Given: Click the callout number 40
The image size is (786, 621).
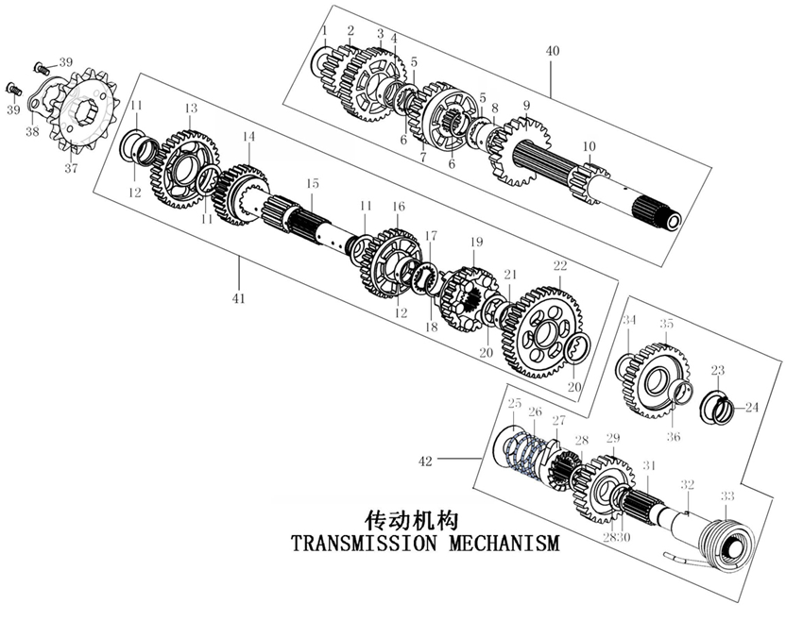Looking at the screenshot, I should [x=553, y=50].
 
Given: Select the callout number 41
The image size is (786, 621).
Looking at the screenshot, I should [x=239, y=298].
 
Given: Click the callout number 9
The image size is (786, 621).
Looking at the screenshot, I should [x=526, y=105].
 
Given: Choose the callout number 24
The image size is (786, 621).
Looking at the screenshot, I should [x=752, y=408].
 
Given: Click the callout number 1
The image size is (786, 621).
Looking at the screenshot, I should [x=323, y=30].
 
